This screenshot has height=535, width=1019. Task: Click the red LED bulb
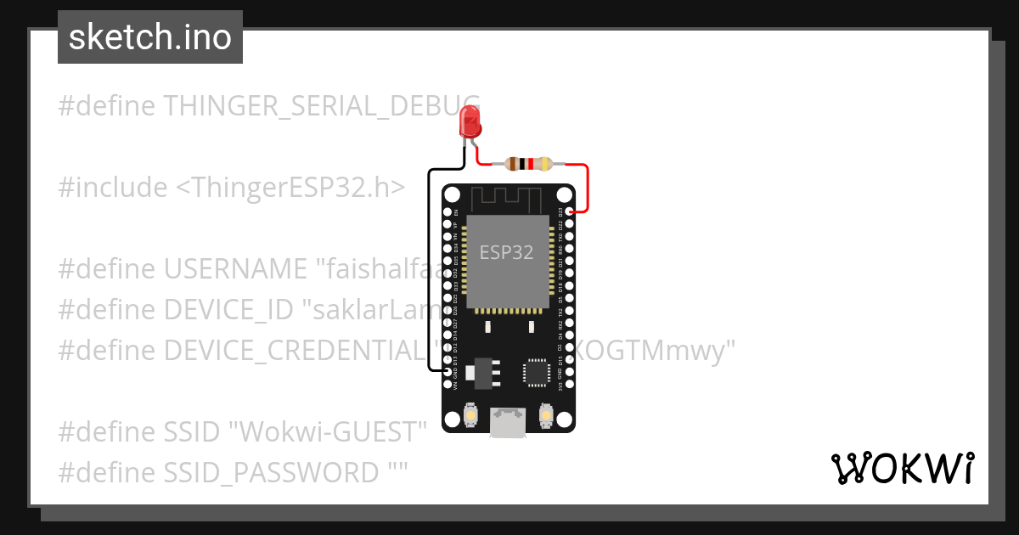pos(470,122)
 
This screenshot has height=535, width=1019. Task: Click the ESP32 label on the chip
pos(506,252)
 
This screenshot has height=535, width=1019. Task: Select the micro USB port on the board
pos(508,422)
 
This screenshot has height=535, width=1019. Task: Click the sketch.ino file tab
pos(150,37)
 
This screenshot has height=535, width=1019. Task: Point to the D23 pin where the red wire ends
pos(571,211)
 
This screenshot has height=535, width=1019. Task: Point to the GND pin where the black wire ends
pos(448,371)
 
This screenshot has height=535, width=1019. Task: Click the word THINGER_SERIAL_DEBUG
pos(321,106)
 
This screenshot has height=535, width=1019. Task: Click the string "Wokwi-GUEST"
pos(328,431)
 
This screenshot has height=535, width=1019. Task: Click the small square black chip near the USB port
pos(537,372)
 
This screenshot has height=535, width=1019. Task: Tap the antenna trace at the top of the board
pos(508,199)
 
